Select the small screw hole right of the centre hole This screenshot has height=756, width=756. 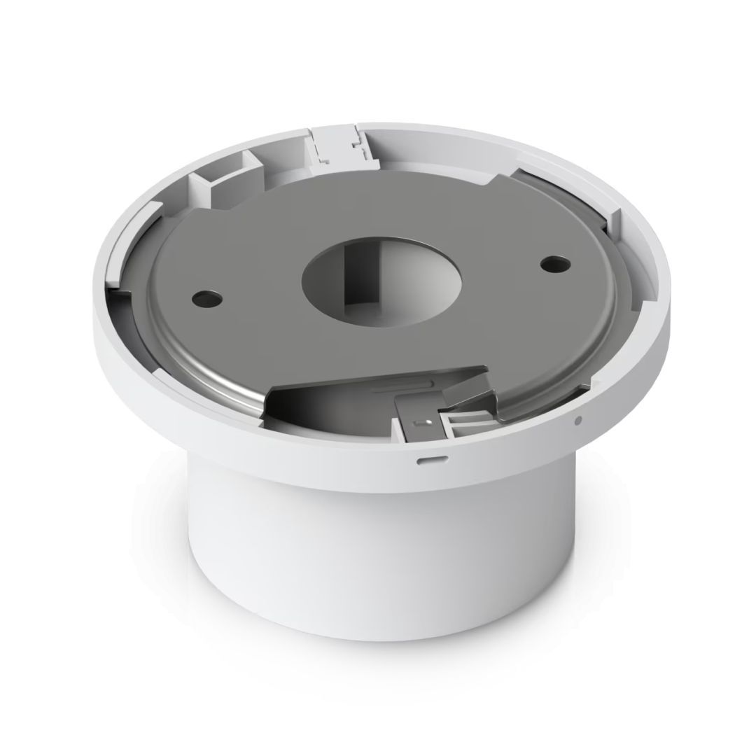tap(554, 265)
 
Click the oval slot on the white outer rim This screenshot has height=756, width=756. tap(426, 461)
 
